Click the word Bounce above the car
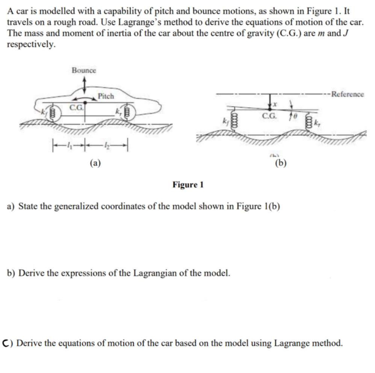[84, 70]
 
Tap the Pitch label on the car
[106, 96]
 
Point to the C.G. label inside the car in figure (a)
[76, 108]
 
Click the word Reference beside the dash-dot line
[348, 94]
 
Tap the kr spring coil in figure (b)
[310, 120]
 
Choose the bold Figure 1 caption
[188, 184]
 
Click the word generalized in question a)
[80, 206]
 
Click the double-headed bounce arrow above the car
[84, 83]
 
